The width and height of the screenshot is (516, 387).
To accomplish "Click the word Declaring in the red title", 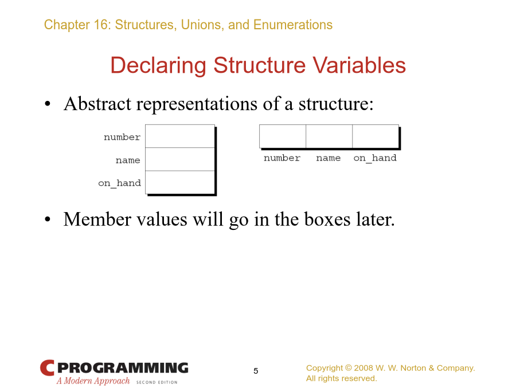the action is click(158, 66).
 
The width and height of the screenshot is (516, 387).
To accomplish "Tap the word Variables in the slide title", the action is click(359, 65).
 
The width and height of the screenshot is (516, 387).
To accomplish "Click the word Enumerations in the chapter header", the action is click(293, 25).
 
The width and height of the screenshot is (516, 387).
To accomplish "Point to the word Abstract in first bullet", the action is click(97, 104).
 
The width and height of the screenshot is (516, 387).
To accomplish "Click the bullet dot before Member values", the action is click(48, 219).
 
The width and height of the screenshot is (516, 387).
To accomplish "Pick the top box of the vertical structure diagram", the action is click(180, 136).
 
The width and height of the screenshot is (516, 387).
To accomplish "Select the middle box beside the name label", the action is click(180, 159).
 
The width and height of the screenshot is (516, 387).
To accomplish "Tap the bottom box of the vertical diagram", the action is click(180, 182).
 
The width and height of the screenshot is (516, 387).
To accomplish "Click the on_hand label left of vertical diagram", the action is click(119, 183).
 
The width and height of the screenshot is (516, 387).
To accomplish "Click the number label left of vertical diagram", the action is click(122, 137).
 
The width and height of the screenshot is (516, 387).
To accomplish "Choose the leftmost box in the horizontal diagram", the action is click(283, 136).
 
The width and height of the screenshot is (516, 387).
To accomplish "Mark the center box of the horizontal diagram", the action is click(329, 136).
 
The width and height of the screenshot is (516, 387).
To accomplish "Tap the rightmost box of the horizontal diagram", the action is click(376, 136).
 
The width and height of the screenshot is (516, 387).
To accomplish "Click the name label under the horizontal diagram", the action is click(329, 158).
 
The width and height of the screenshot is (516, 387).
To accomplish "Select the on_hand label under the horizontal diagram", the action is click(375, 158).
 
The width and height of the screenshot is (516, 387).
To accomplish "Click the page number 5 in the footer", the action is click(256, 371).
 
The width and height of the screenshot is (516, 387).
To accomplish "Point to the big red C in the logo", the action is click(47, 368).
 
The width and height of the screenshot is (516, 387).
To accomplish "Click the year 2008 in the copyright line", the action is click(363, 368).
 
